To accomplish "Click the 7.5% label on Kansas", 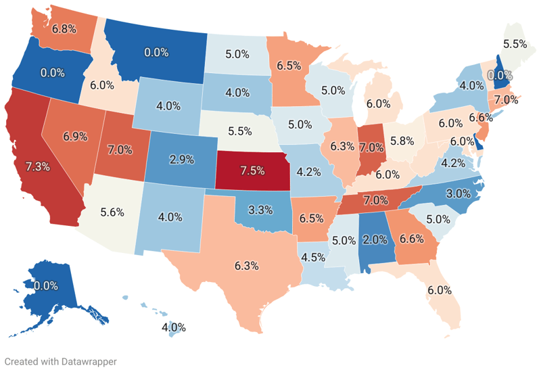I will (x=252, y=170).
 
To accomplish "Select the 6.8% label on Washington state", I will (x=64, y=29).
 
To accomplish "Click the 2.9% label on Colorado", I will (x=181, y=160).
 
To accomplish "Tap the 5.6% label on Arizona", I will (x=112, y=212).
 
